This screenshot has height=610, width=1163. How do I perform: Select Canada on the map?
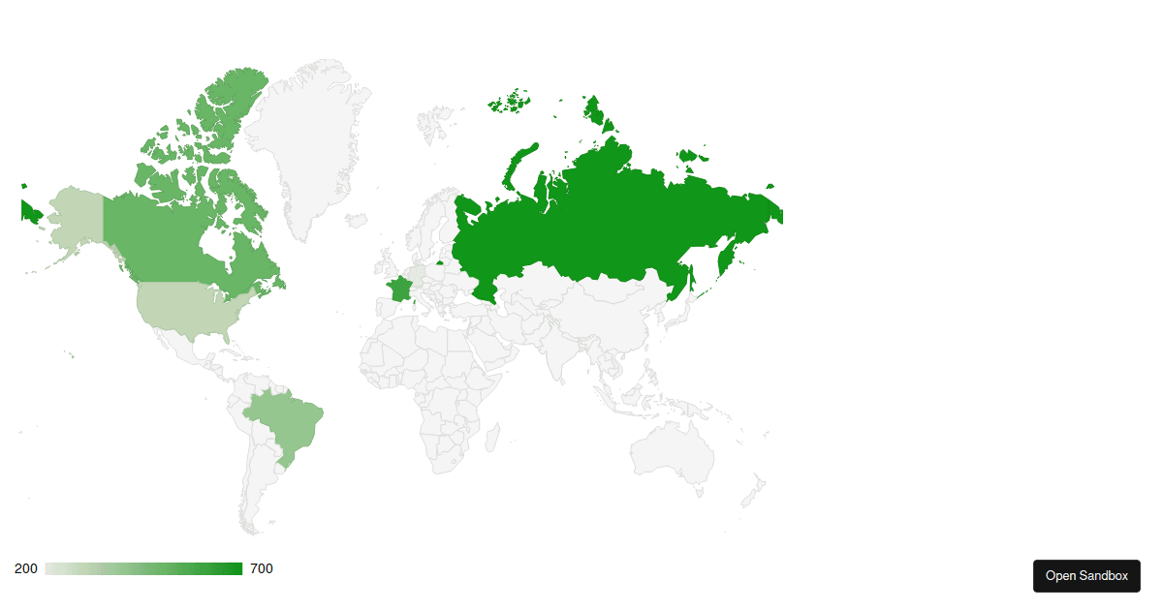[x=165, y=242]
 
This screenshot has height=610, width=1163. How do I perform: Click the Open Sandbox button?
[x=1086, y=575]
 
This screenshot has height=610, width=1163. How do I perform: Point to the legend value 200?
[x=26, y=568]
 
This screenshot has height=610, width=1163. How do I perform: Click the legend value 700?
[x=262, y=568]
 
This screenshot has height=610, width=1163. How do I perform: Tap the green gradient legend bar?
[x=143, y=568]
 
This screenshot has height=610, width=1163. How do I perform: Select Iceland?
[x=357, y=221]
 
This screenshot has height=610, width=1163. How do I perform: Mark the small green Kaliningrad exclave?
[x=441, y=261]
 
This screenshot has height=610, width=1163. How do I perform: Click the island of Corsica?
[x=414, y=303]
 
